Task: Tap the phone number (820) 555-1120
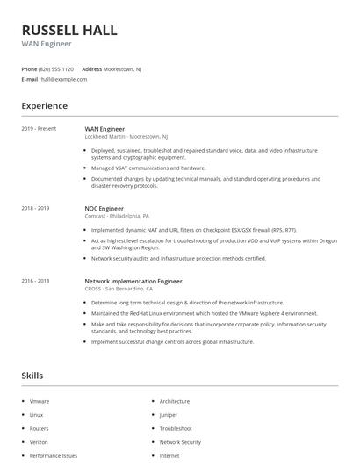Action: [57, 68]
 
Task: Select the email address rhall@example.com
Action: [63, 79]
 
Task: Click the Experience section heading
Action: [44, 106]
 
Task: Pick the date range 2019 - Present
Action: [39, 129]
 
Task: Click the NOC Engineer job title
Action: [104, 209]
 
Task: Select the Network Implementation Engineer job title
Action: [133, 281]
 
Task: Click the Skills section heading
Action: [32, 376]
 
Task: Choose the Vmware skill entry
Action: [40, 401]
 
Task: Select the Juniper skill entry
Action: [169, 414]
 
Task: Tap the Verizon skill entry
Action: [40, 442]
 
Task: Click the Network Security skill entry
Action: [180, 442]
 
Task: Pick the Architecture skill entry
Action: [174, 401]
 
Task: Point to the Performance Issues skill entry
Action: [54, 456]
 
